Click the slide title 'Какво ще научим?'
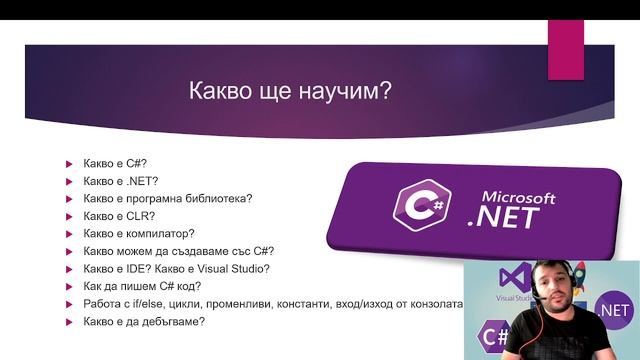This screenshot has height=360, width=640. pos(290,92)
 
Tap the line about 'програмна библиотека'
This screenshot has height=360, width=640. pos(168,198)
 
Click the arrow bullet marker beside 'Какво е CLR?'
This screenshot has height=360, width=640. pos(69,216)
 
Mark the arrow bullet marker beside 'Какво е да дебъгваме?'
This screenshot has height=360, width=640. pos(69,322)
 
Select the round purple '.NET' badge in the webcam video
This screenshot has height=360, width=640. pos(613,309)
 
